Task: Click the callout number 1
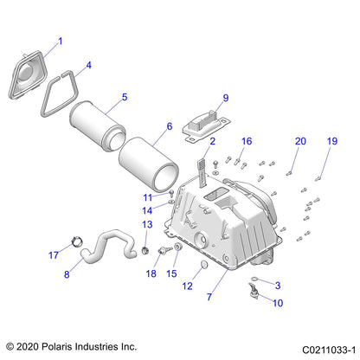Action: tap(61, 42)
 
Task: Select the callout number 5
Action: tap(125, 97)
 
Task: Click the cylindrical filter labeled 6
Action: tap(149, 165)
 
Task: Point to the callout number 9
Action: tap(226, 98)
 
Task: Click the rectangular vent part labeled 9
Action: tap(206, 126)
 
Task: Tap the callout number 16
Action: tap(247, 141)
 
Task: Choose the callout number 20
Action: tap(300, 141)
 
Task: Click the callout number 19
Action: tap(332, 141)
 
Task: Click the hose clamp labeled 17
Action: tap(76, 241)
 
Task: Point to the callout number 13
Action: tap(147, 224)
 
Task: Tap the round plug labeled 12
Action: tap(204, 265)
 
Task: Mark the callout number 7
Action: tap(209, 297)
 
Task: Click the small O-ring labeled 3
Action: tap(255, 279)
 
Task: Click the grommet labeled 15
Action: tap(177, 247)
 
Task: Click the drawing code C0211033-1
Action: tap(329, 350)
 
